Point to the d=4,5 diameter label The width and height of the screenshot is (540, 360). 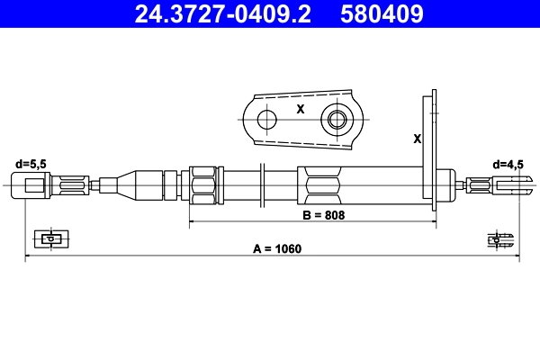click(509, 165)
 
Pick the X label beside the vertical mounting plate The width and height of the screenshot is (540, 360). click(416, 139)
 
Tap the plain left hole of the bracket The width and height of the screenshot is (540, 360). click(266, 119)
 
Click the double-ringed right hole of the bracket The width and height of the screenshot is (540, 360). click(338, 119)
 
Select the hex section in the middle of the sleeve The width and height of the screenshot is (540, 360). click(321, 186)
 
